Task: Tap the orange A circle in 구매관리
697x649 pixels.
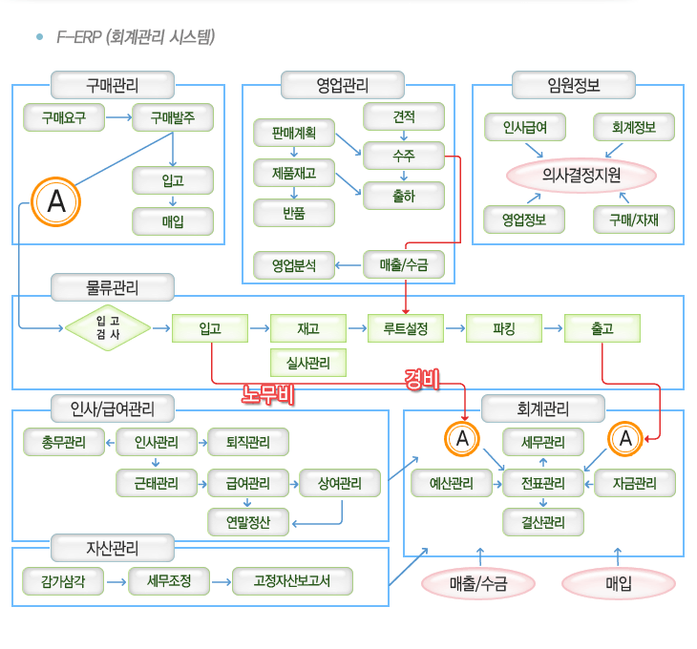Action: [56, 201]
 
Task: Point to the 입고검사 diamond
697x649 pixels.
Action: [108, 328]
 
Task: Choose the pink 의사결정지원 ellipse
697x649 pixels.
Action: [581, 175]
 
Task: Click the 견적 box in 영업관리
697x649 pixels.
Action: [403, 116]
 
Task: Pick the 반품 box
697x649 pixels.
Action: [294, 212]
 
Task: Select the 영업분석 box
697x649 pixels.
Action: [294, 264]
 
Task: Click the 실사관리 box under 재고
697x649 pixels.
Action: [308, 363]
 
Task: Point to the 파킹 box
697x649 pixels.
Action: [504, 329]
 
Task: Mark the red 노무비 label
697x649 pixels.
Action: [266, 393]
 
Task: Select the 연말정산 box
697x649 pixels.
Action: [248, 522]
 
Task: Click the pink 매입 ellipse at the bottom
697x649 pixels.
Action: [618, 583]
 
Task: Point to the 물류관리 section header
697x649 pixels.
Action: [113, 286]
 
